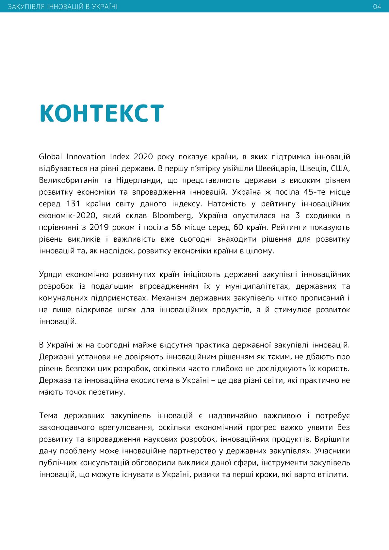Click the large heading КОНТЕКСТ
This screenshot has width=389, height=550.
tap(101, 114)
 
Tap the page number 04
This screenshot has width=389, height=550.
tap(377, 7)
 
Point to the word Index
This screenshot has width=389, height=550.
tap(120, 157)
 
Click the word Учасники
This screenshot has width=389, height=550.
tap(332, 451)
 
